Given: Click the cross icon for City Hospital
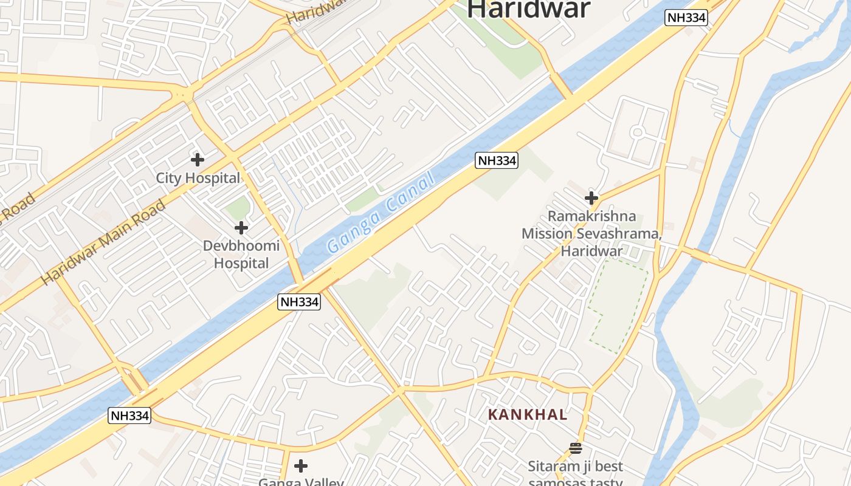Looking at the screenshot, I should [x=197, y=160].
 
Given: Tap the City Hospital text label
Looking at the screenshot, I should [x=198, y=178].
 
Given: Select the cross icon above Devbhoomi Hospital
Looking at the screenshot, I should [x=241, y=228].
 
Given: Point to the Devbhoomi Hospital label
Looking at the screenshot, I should [x=241, y=255].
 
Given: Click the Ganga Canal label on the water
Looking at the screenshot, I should [x=381, y=213].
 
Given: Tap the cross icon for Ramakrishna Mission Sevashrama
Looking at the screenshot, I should [x=591, y=198].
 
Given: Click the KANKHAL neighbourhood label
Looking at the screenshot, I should [x=528, y=415].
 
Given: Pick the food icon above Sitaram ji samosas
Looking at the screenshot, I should [x=576, y=448].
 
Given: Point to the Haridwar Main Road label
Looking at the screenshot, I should [x=103, y=242].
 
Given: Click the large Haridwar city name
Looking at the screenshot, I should [x=529, y=9].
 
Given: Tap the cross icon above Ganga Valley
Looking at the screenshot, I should [x=300, y=466].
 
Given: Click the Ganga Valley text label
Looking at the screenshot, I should [x=301, y=482].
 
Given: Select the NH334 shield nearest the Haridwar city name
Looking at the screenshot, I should [x=686, y=18].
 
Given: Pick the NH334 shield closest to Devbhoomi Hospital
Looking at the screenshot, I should [x=299, y=301].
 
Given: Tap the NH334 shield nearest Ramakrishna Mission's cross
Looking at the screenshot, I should [x=497, y=160].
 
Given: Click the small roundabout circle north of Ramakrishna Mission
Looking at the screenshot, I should [x=637, y=132].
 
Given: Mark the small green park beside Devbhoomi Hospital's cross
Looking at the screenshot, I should [x=238, y=208].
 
